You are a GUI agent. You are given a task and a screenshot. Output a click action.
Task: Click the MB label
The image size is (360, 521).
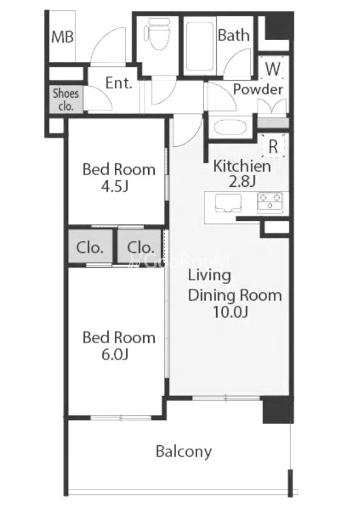coord(63,36)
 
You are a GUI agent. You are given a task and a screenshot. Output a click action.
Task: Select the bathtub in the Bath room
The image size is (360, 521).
coord(200,47)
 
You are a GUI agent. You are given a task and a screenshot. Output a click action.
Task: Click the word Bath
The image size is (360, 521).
coord(234,35)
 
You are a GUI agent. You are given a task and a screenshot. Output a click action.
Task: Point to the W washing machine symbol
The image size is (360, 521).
coord(273,69)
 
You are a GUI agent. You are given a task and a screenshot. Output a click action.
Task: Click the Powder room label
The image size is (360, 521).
coord(258,89)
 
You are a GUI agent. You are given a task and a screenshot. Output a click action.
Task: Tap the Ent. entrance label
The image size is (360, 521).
coord(119,82)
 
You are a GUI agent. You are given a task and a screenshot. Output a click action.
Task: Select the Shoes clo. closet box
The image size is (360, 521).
coord(66,99)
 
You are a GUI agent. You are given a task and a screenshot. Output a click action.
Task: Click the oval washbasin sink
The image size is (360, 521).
coord(230,127)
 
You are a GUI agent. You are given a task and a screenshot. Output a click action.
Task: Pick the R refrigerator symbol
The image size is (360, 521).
coord(273,146)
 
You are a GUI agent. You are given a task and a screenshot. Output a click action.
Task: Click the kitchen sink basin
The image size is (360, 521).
coord(228,203)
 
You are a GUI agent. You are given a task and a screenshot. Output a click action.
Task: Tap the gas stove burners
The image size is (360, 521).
coord(270,203)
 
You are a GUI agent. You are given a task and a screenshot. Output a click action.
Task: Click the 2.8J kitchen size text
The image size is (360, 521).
coord(242,181)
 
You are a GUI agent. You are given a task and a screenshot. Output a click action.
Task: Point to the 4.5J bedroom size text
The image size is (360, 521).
coord(115,186)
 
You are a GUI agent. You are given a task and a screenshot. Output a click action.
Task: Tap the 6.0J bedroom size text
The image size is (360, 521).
coord(115,354)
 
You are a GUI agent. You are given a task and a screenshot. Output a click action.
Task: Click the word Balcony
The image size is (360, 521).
coord(184,452)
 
